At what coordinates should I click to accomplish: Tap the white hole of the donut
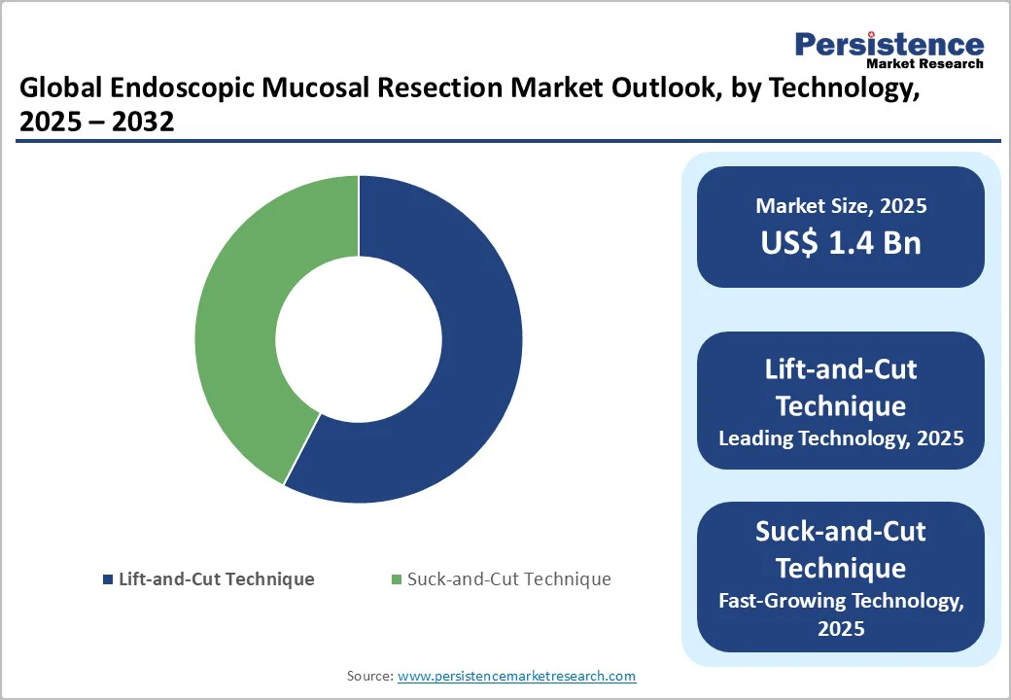[x=358, y=338]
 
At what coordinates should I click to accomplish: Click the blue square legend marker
[x=107, y=579]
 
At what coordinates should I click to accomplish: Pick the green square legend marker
[x=396, y=579]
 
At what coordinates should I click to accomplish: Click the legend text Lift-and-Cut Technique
[x=216, y=579]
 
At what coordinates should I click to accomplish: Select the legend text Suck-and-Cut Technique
[x=508, y=579]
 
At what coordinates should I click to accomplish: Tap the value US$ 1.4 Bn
[x=841, y=243]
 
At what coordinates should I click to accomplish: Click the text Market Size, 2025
[x=841, y=206]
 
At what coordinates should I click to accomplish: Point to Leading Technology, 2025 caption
[x=841, y=438]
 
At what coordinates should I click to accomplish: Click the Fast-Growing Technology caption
[x=841, y=601]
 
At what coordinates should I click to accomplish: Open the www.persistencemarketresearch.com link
[x=516, y=676]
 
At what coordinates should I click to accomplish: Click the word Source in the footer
[x=368, y=676]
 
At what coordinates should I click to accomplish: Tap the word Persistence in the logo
[x=889, y=44]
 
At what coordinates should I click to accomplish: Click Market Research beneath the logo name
[x=924, y=63]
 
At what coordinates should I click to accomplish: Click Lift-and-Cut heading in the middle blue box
[x=841, y=369]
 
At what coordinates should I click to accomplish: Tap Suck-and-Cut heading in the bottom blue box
[x=841, y=532]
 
